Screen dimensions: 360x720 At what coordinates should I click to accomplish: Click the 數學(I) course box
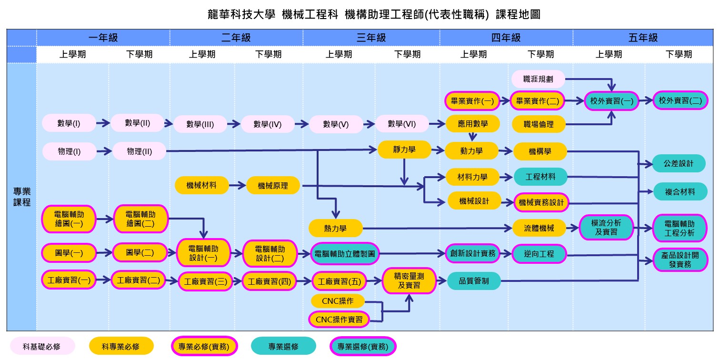click(x=69, y=123)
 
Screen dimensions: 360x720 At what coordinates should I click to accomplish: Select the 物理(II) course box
click(x=140, y=151)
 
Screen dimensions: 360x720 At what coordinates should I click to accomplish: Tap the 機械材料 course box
click(x=202, y=185)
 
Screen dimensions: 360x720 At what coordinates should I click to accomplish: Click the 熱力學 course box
click(x=335, y=229)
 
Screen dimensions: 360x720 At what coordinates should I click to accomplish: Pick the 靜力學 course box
click(x=404, y=150)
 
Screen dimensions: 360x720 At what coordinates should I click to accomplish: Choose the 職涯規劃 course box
click(x=538, y=79)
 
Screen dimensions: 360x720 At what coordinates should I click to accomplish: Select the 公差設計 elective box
click(x=679, y=163)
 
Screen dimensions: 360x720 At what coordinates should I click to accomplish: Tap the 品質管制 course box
click(x=474, y=280)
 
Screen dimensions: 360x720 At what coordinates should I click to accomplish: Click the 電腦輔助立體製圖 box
click(x=345, y=254)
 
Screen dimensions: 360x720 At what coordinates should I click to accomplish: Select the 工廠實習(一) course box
click(x=69, y=280)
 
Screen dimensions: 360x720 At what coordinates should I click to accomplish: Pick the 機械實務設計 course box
click(x=541, y=202)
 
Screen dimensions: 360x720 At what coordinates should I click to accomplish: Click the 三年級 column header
click(x=371, y=38)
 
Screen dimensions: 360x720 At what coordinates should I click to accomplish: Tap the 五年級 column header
click(x=643, y=38)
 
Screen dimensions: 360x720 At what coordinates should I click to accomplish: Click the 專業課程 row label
click(x=22, y=196)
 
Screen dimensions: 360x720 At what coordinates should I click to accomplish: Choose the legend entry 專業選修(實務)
click(x=363, y=346)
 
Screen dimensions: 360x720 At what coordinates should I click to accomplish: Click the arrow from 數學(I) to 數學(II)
click(x=103, y=123)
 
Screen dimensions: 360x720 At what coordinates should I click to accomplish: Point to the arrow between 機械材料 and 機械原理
click(x=237, y=185)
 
